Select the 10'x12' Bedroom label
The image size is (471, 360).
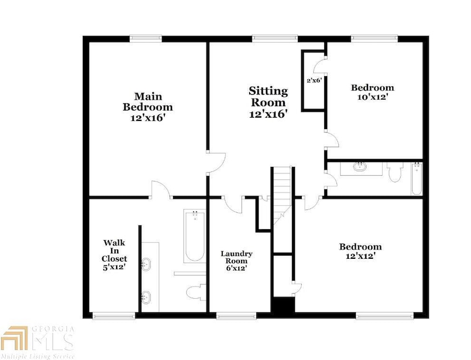tap(372, 92)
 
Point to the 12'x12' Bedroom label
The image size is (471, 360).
tap(359, 251)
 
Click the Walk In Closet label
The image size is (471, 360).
tap(114, 258)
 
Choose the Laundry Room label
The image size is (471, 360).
tap(237, 262)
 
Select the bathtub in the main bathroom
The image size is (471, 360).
tap(193, 237)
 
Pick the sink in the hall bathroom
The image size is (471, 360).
tap(360, 167)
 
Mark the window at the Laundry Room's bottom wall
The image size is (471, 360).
tap(236, 316)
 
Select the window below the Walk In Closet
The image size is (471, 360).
tap(113, 316)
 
